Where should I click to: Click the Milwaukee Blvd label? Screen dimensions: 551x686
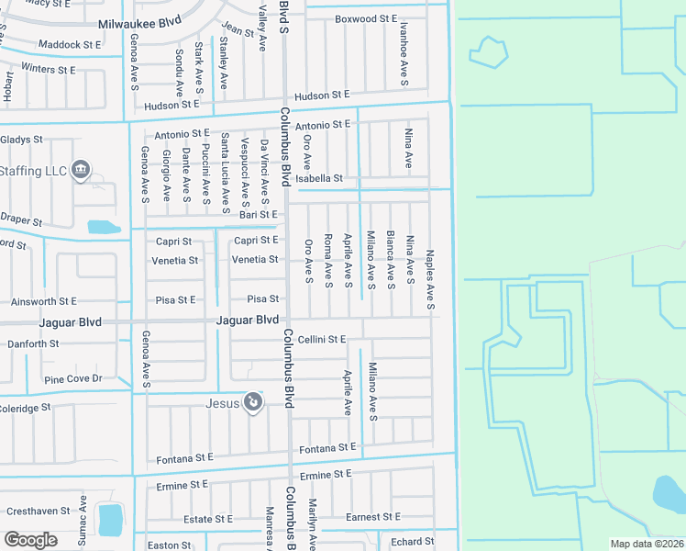tap(139, 22)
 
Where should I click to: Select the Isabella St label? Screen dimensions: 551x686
tap(325, 178)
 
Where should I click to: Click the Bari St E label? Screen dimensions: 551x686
tap(258, 214)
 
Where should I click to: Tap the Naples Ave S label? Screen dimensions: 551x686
tap(429, 278)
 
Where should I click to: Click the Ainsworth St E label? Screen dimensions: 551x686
tap(43, 301)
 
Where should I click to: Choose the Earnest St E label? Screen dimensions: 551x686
tap(373, 517)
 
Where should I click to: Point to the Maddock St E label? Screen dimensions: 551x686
tap(70, 44)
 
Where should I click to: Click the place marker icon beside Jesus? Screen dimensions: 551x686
tap(252, 402)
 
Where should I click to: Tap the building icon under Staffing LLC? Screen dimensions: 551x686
tap(80, 168)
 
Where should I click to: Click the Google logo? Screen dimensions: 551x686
tap(30, 540)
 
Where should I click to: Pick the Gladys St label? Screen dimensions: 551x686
tap(22, 140)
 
